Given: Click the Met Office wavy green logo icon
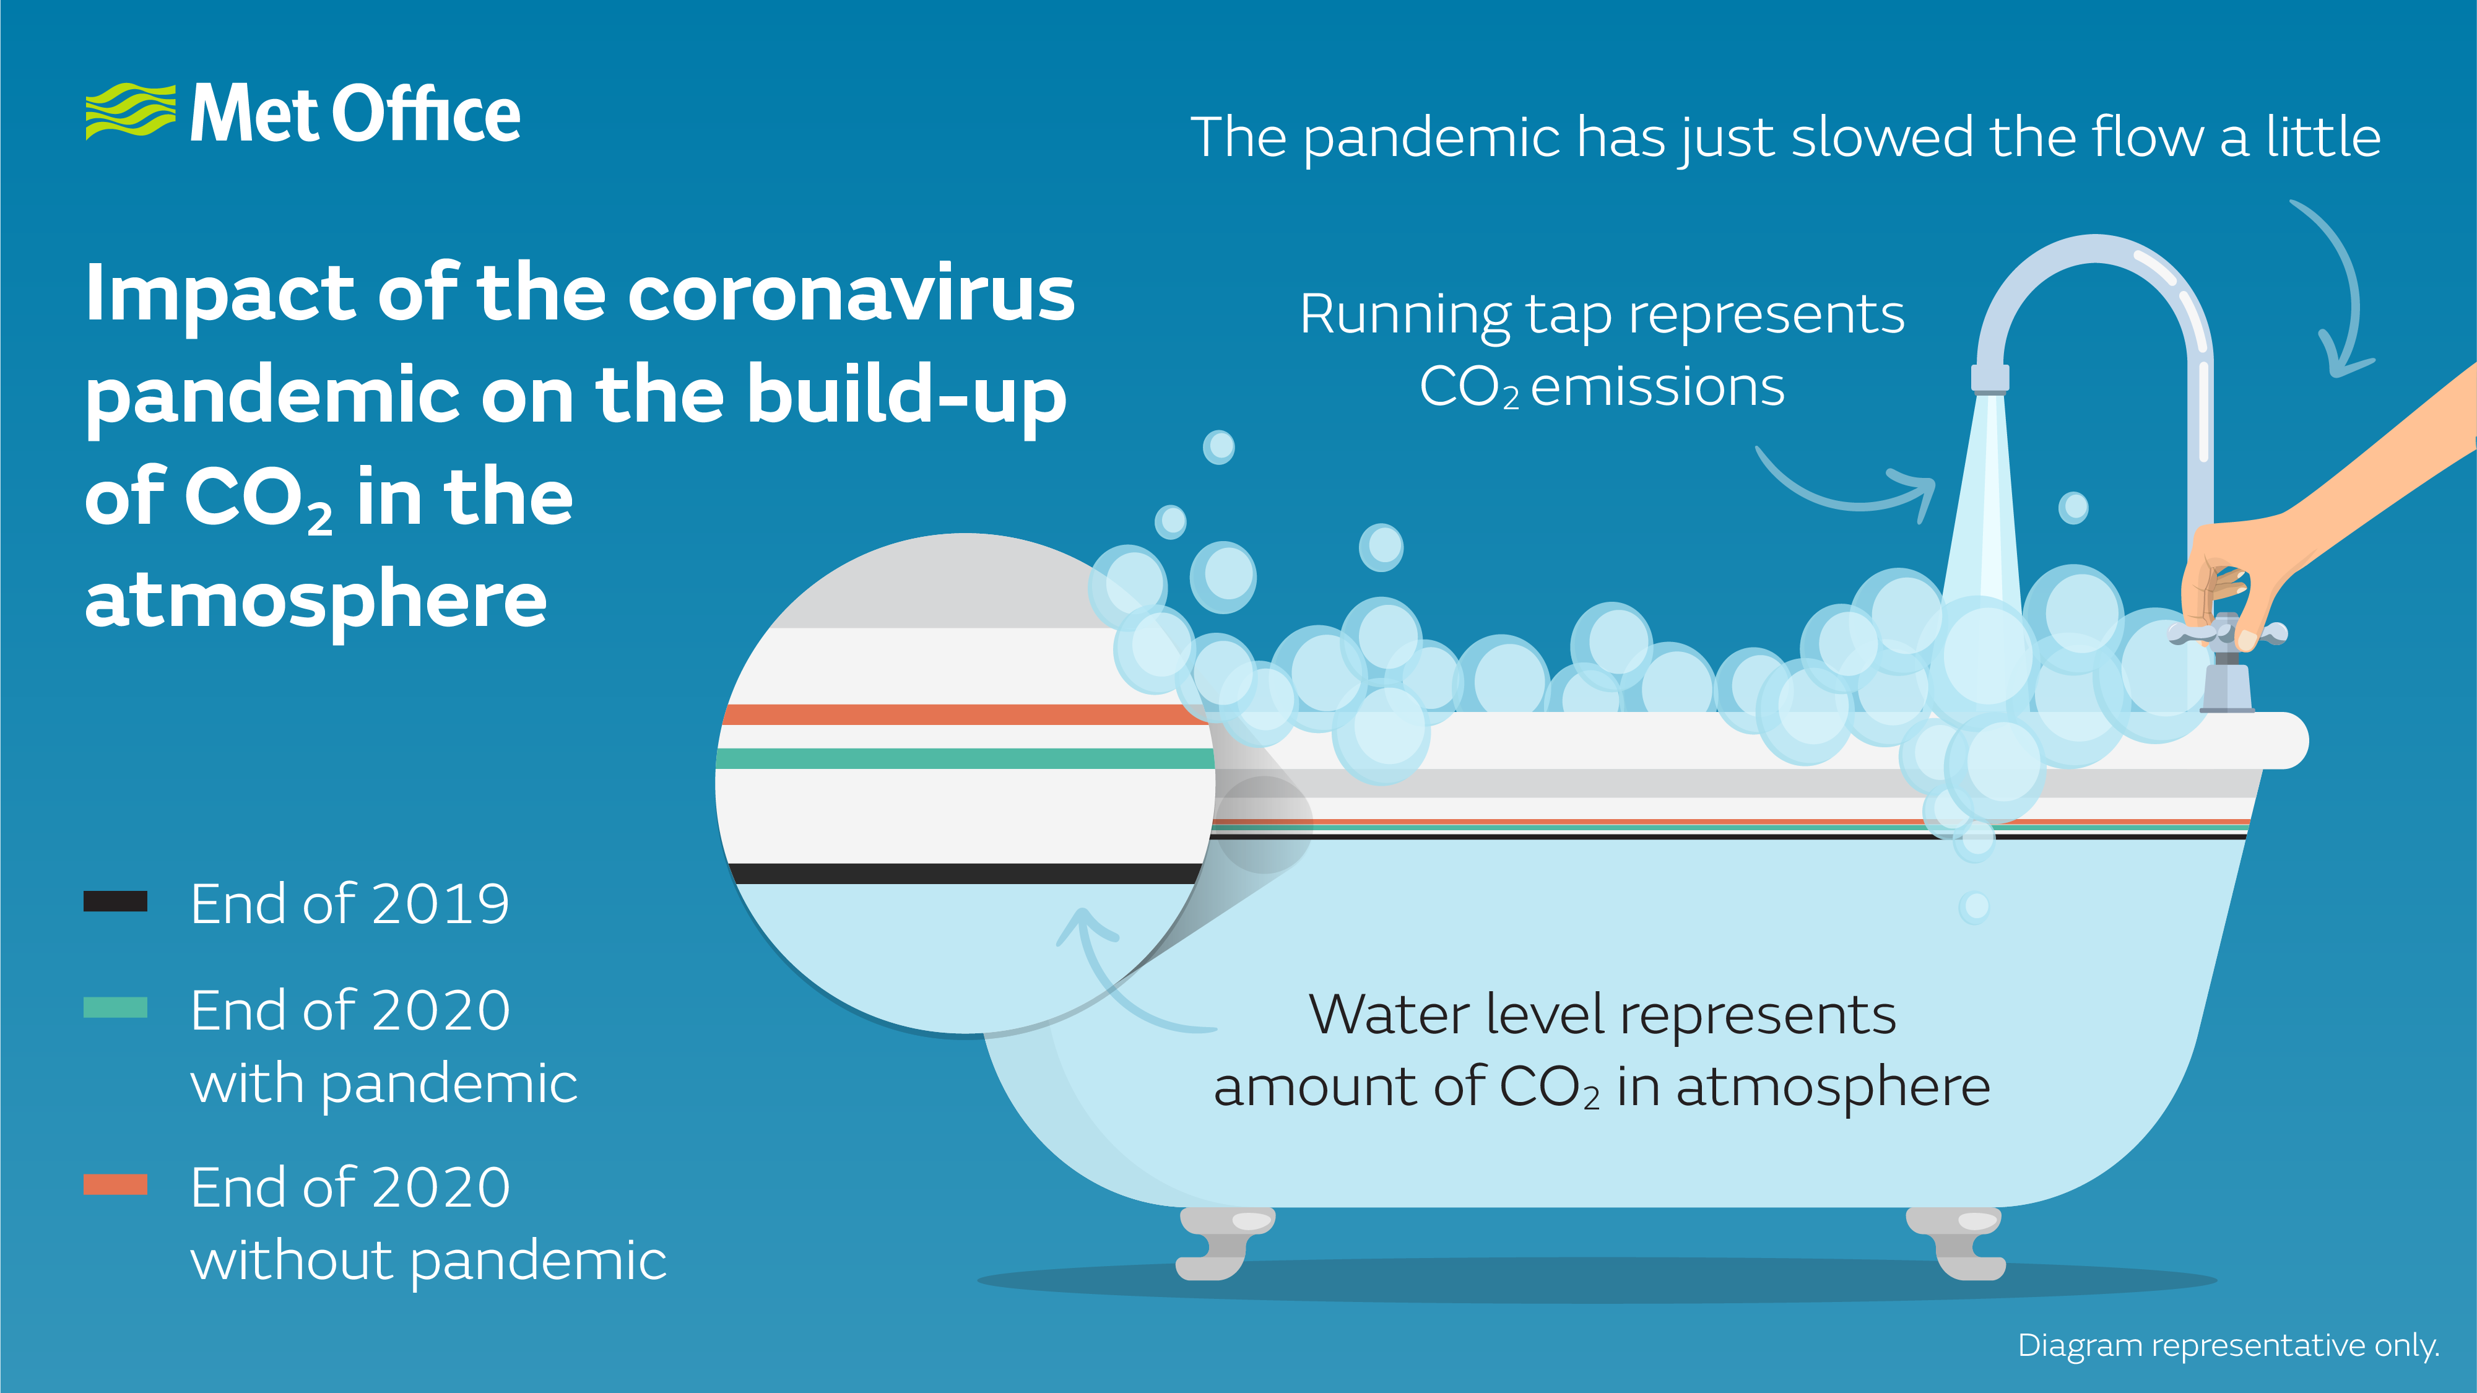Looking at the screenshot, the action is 131,111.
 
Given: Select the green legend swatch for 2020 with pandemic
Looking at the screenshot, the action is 115,1007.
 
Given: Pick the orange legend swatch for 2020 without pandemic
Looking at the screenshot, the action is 115,1184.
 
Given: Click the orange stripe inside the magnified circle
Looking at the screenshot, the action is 965,714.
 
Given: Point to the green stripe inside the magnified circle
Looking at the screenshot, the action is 965,758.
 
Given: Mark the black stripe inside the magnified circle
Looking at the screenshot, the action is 965,874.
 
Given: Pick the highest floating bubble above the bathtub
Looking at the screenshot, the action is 1219,447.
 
